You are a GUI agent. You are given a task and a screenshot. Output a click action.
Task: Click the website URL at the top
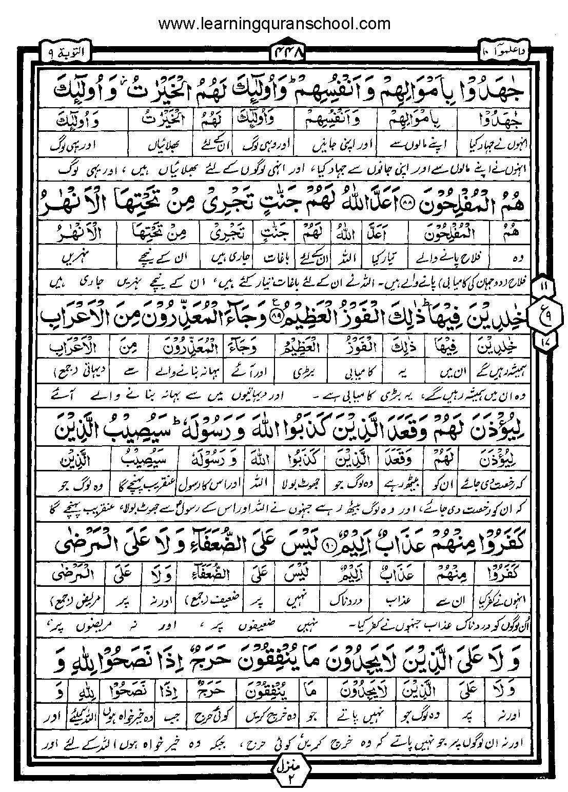click(x=275, y=24)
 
